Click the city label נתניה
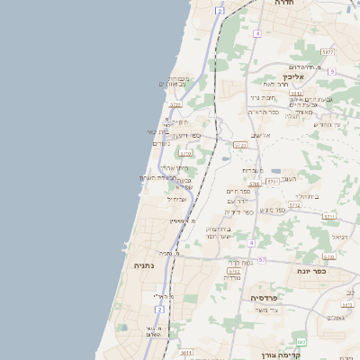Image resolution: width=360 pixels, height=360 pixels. (144, 266)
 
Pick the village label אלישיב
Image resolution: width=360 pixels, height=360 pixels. (261, 136)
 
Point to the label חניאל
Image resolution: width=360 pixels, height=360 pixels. (339, 238)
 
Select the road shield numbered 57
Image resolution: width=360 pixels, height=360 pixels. (262, 260)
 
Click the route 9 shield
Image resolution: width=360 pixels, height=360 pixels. (331, 71)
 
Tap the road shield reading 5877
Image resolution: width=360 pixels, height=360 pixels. (328, 53)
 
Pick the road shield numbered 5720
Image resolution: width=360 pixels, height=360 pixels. (240, 144)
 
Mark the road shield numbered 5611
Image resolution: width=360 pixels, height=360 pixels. (187, 353)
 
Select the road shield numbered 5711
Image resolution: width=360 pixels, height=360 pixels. (328, 217)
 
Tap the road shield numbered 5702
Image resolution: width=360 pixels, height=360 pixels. (234, 270)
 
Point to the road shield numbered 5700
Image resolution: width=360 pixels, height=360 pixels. (255, 183)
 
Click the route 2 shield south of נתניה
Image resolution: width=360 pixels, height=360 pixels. (160, 310)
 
